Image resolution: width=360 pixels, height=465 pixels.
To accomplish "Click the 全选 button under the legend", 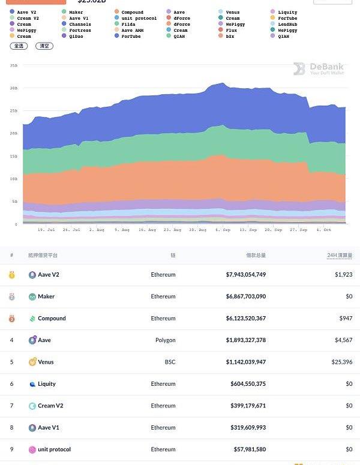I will [19, 46].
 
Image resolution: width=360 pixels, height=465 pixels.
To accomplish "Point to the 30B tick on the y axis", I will [13, 88].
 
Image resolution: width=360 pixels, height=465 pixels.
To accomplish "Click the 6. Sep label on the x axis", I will [223, 230].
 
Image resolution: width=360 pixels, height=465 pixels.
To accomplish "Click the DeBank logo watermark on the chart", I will [318, 69].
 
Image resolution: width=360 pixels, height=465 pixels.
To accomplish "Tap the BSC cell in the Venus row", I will [171, 362].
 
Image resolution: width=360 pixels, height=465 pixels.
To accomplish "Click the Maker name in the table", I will [46, 296].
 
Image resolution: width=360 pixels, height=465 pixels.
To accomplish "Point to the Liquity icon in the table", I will [32, 384].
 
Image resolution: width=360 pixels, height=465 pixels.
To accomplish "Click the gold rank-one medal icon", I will [11, 275].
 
